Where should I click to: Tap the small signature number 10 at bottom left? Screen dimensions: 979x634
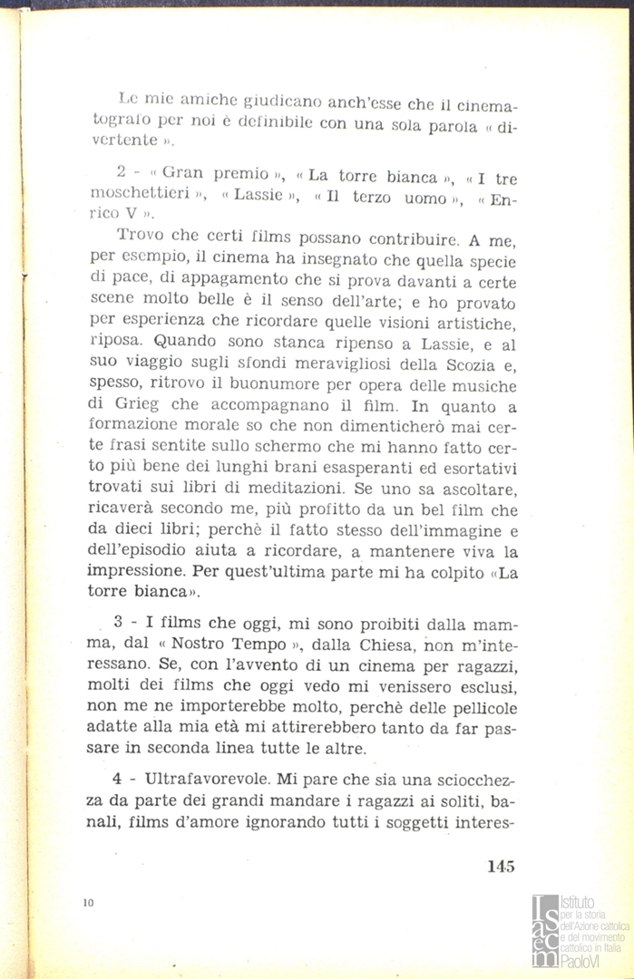point(87,903)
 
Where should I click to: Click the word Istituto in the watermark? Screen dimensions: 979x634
point(579,902)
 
